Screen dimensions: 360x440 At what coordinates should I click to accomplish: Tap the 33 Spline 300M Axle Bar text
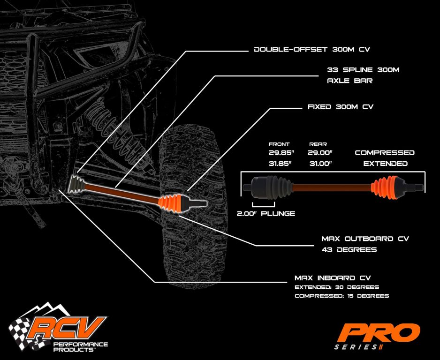coord(363,75)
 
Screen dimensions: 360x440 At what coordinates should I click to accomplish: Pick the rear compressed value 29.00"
coord(320,153)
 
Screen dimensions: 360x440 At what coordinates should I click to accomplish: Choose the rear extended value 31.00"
coord(320,164)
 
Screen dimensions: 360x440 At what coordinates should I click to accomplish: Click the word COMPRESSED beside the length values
coord(385,153)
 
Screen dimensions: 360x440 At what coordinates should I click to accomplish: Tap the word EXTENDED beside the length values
coord(385,164)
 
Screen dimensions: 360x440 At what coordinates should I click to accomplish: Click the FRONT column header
coord(279,144)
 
